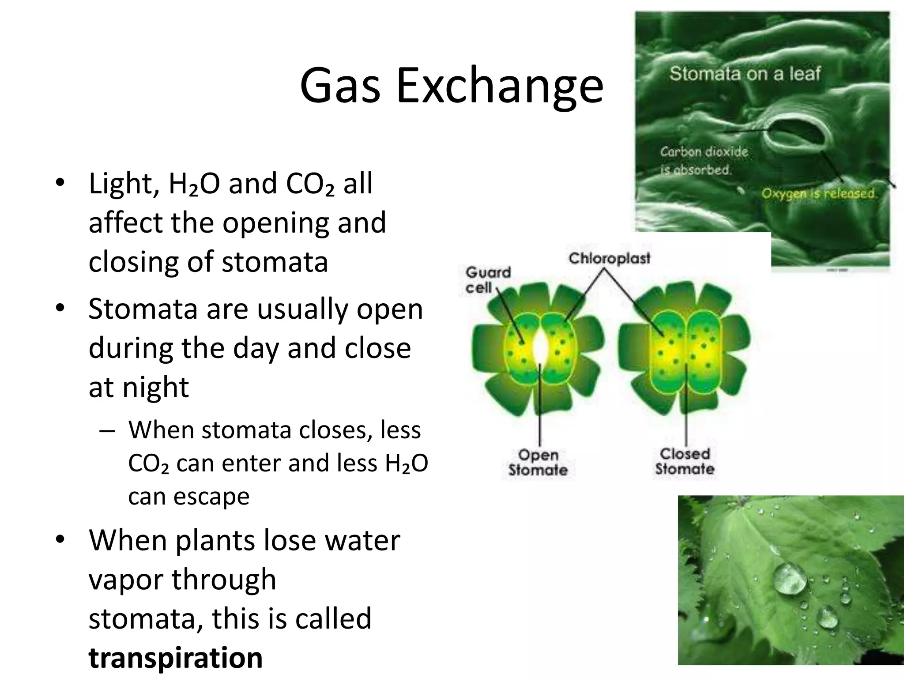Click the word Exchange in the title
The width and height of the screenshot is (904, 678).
499,86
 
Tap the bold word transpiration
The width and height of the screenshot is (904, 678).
175,657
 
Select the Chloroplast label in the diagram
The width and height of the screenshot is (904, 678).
609,258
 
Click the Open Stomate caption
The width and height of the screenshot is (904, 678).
538,462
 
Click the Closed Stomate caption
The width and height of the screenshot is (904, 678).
685,461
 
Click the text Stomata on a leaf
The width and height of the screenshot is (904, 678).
745,74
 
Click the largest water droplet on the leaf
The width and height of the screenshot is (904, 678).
789,579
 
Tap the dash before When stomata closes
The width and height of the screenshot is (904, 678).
107,430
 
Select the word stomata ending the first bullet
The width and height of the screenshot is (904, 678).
275,262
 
